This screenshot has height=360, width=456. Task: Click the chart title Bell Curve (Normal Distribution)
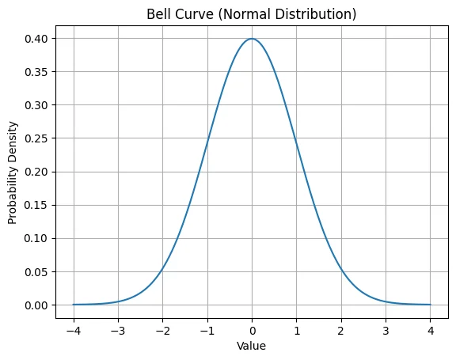[251, 14]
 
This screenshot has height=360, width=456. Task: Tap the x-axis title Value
[251, 346]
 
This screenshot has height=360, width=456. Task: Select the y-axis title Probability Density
[13, 172]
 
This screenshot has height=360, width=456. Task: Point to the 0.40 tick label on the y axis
[36, 39]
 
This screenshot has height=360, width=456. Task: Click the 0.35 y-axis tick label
[36, 72]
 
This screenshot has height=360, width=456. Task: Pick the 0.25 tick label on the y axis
[36, 138]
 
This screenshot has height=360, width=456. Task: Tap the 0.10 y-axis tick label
[36, 238]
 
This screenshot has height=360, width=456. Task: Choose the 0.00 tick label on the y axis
[36, 305]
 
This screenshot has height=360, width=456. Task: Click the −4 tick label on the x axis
[74, 331]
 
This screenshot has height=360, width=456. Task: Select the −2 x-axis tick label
[163, 331]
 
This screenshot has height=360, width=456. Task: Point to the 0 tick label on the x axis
[252, 331]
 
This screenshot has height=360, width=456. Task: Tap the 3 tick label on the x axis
[386, 331]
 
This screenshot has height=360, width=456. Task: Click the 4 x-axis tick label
[431, 331]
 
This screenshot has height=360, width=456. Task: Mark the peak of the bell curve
[252, 39]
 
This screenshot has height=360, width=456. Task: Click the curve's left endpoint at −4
[74, 305]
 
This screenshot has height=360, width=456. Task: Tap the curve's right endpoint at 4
[431, 305]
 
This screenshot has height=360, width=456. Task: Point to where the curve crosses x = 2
[341, 269]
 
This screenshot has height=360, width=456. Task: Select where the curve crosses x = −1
[207, 143]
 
